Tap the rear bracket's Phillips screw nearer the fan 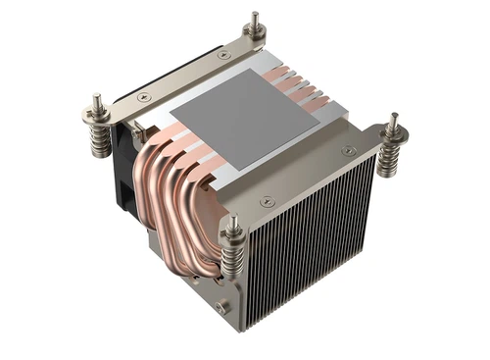point(144,95)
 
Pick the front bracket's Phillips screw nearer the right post point(349,150)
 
